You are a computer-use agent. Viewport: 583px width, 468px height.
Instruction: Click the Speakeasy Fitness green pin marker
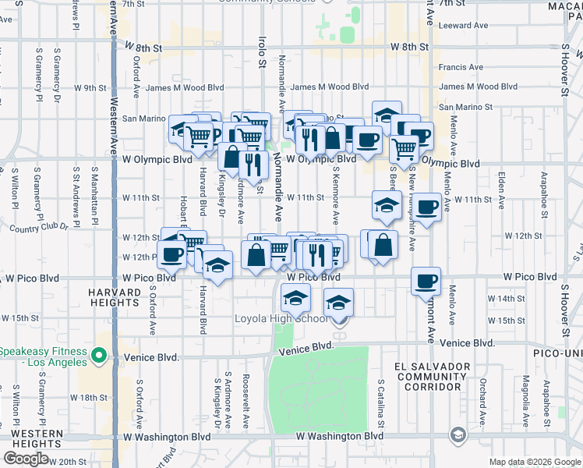point(99,356)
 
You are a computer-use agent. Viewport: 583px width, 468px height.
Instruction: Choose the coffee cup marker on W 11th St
point(426,207)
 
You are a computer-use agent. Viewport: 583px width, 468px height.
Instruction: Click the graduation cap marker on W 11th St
point(387,204)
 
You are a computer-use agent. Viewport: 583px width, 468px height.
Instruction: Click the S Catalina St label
point(381,403)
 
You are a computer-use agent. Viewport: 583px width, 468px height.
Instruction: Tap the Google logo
point(26,458)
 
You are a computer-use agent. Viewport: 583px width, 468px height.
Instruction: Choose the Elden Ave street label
point(503,187)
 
